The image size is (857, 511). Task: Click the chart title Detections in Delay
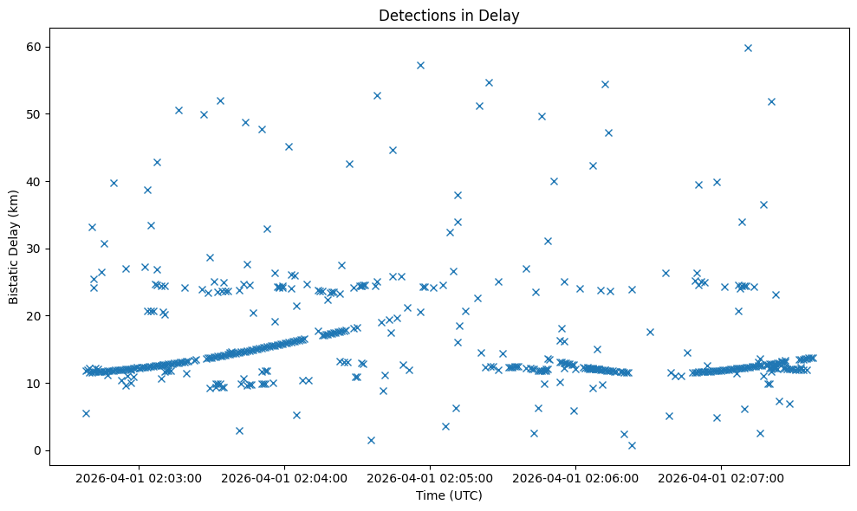[449, 15]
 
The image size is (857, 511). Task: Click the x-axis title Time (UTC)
[449, 495]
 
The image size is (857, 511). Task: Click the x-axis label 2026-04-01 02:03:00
[138, 477]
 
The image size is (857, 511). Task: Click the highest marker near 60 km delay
[748, 48]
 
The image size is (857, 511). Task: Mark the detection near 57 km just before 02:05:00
[420, 65]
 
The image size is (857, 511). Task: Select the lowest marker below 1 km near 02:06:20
[632, 445]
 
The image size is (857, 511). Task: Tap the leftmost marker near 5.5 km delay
[86, 413]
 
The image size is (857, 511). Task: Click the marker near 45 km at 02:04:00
[289, 146]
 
